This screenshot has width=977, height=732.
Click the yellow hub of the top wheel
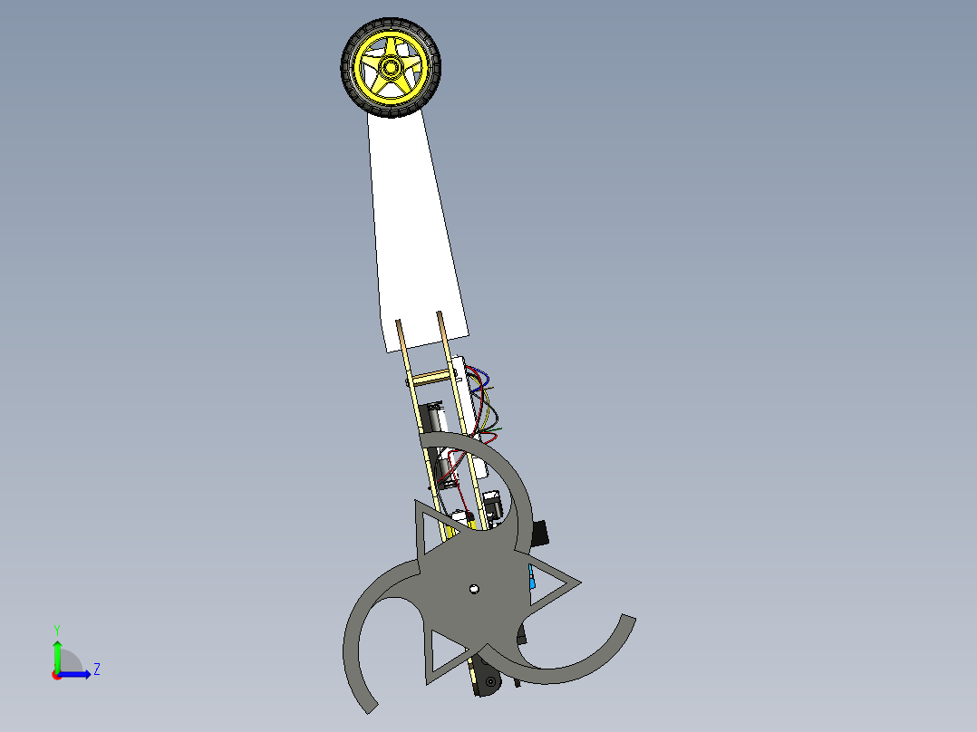pos(391,68)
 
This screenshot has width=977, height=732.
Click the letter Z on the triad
pos(96,669)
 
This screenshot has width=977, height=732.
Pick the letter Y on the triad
pos(56,629)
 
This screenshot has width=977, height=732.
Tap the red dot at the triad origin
pos(56,674)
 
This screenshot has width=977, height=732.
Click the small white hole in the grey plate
pos(473,590)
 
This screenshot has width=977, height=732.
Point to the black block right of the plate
pos(539,534)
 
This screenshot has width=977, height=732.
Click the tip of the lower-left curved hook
pos(368,705)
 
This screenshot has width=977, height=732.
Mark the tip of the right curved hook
pos(626,621)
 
